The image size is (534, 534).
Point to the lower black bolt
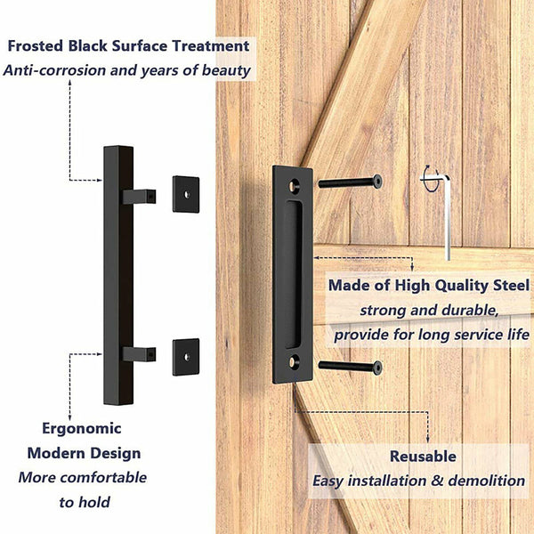[350, 366]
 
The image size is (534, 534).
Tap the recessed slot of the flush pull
[293, 274]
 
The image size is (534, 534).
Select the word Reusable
[423, 457]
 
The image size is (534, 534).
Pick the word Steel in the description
[506, 286]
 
